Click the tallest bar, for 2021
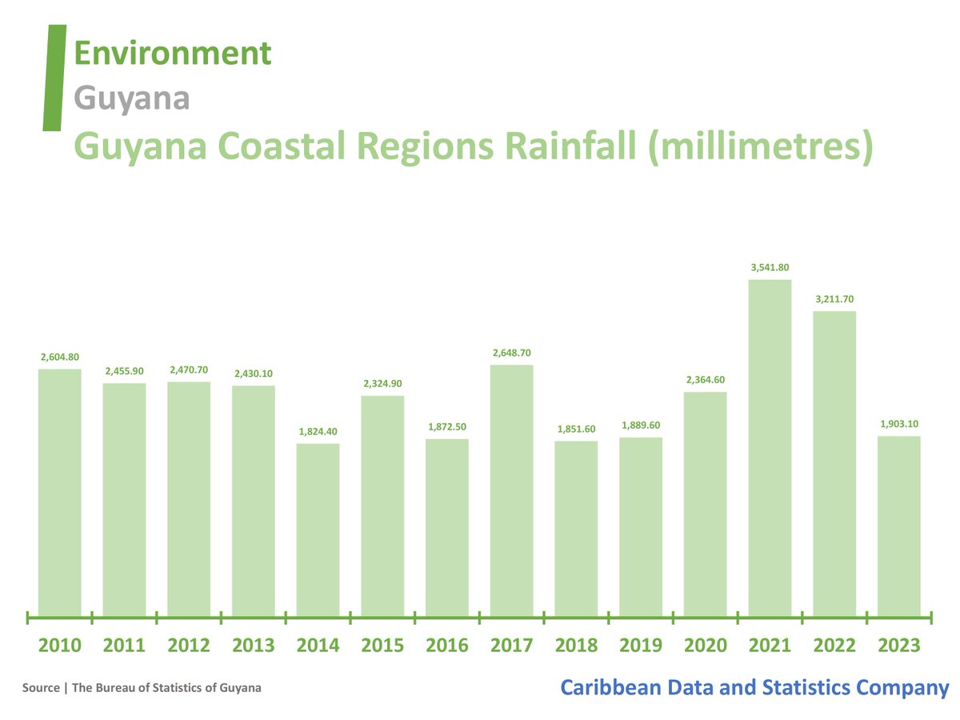coord(770,448)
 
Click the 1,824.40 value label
coord(318,432)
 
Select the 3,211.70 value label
coord(834,299)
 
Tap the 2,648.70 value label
coord(512,353)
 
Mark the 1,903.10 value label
coord(899,424)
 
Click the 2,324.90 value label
coord(382,384)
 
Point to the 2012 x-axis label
coord(189,645)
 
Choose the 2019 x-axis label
coord(641,645)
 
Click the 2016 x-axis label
coord(447,645)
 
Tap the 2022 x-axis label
coord(834,645)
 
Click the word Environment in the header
coord(172,54)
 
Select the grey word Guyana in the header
coord(131,98)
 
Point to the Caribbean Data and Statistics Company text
coord(754,687)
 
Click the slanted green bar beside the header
coord(54,78)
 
